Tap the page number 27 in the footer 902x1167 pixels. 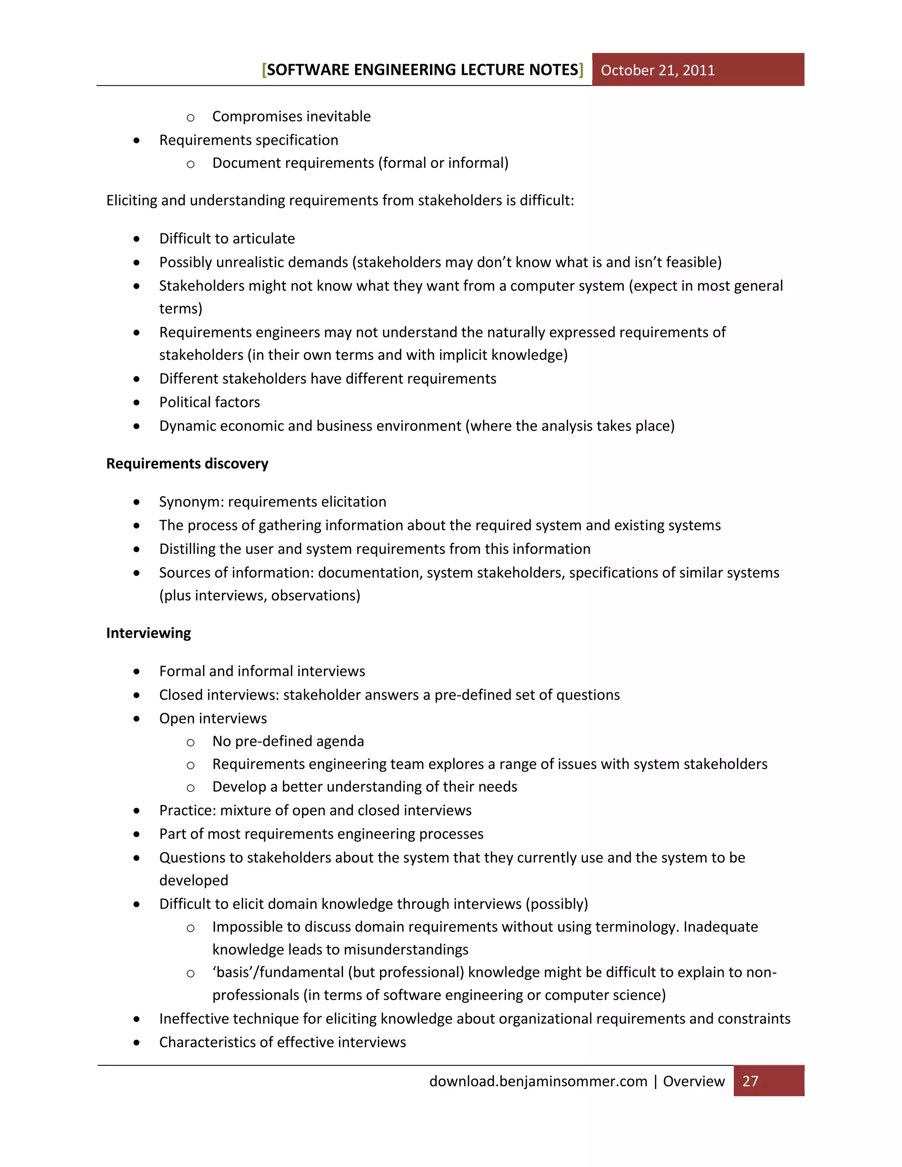coord(750,1081)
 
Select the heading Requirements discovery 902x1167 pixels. coord(187,463)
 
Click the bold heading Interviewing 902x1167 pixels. coord(148,633)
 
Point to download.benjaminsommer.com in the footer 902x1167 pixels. coord(538,1081)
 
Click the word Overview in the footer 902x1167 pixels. coord(694,1081)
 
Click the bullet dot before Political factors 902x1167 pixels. coord(137,403)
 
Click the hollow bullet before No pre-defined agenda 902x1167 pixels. coord(190,742)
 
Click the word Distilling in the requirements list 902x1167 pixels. coord(185,549)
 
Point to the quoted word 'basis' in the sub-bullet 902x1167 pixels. coord(233,972)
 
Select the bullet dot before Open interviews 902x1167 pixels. coord(137,719)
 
